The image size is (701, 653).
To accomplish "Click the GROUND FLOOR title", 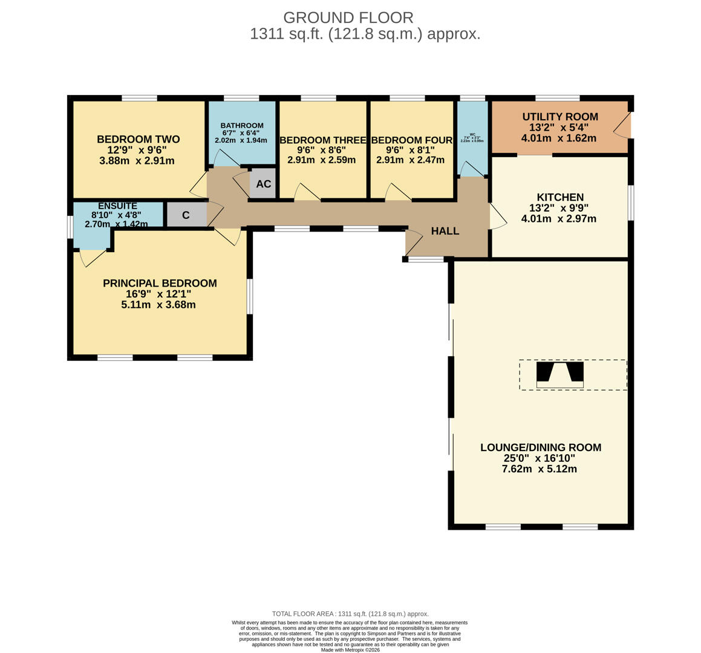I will point(348,18).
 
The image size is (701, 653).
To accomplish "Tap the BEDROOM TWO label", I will point(138,140).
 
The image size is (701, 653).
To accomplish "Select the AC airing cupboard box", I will point(263,184).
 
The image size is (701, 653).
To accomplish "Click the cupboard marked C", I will point(186,215).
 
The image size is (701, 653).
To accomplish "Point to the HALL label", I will point(445,231).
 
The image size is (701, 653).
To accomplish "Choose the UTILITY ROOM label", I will point(559,117).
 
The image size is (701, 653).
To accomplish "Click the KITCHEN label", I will point(559,197).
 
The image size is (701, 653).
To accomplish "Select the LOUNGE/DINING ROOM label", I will point(540,447).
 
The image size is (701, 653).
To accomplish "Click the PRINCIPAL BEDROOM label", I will point(160,283).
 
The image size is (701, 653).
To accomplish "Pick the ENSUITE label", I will point(117,206).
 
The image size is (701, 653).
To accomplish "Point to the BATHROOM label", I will point(241,125).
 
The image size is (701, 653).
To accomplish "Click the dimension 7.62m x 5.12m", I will point(539,469).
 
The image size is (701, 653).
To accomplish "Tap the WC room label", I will point(472,135).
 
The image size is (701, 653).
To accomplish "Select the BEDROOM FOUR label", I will point(411,140).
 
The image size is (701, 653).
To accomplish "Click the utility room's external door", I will point(623,126).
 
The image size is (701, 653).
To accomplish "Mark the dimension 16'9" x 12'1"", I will point(158,294).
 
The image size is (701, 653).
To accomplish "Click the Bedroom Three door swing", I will point(307,192).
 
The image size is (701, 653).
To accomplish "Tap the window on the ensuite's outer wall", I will point(70,227).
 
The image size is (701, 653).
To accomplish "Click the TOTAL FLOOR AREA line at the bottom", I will point(350,614).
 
